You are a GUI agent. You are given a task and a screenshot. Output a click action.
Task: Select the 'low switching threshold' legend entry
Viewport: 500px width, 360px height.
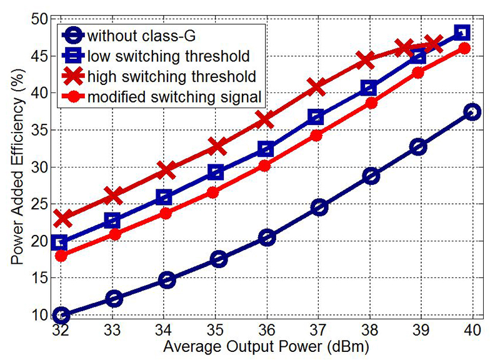[169, 56]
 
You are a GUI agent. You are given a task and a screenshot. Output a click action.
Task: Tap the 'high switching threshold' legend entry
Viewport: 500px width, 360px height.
[172, 76]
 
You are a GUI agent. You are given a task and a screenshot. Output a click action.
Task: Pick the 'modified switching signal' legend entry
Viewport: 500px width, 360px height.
[175, 97]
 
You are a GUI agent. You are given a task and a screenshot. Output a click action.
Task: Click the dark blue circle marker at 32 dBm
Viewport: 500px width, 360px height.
[61, 314]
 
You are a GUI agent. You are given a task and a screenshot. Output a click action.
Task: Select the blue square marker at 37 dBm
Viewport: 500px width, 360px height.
[316, 117]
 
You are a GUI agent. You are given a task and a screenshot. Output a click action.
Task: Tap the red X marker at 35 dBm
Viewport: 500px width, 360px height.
[216, 146]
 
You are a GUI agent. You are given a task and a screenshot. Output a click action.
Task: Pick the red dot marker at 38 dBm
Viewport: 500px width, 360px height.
[371, 103]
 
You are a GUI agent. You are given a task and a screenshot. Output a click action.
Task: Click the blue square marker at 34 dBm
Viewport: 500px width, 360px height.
[164, 197]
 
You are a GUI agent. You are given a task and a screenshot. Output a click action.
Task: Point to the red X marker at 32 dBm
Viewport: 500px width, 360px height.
[61, 218]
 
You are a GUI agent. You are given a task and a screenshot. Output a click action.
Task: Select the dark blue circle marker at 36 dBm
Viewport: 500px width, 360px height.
[266, 237]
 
